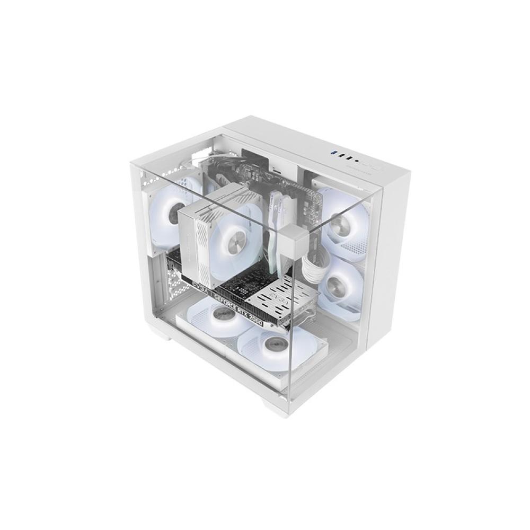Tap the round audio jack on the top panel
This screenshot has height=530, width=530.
point(357,158)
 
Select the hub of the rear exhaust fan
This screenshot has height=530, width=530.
point(173,212)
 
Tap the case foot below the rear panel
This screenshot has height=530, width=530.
point(158,333)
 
